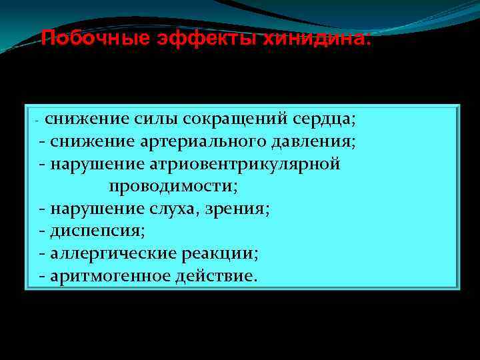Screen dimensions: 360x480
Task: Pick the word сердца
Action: click(327, 119)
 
